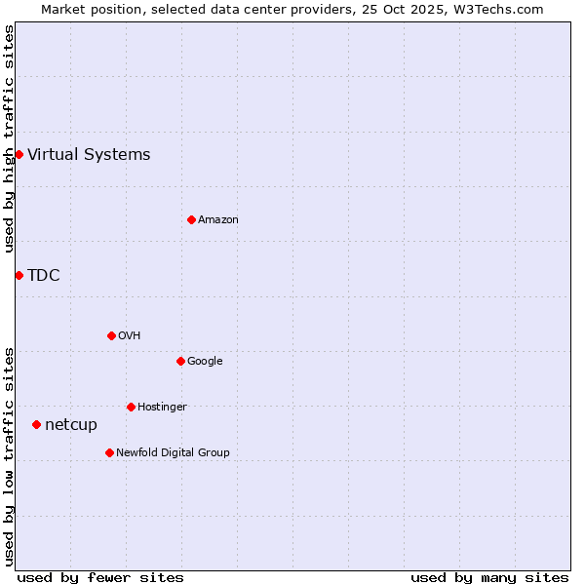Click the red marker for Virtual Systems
tap(19, 154)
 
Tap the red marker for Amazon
tap(191, 219)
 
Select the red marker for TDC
tap(19, 275)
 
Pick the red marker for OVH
tap(111, 335)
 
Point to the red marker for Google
tap(180, 361)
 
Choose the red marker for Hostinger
tap(131, 407)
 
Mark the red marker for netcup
tap(36, 424)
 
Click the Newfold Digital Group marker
tap(109, 452)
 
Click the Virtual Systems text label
tap(89, 154)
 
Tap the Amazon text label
tap(218, 219)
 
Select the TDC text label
tap(44, 275)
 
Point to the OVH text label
tap(130, 335)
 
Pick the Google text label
tap(205, 361)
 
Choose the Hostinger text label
tap(162, 407)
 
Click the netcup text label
tap(71, 424)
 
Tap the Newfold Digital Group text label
tap(173, 452)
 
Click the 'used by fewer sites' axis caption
tap(100, 577)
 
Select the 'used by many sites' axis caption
tap(489, 577)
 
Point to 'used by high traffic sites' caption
tap(9, 138)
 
